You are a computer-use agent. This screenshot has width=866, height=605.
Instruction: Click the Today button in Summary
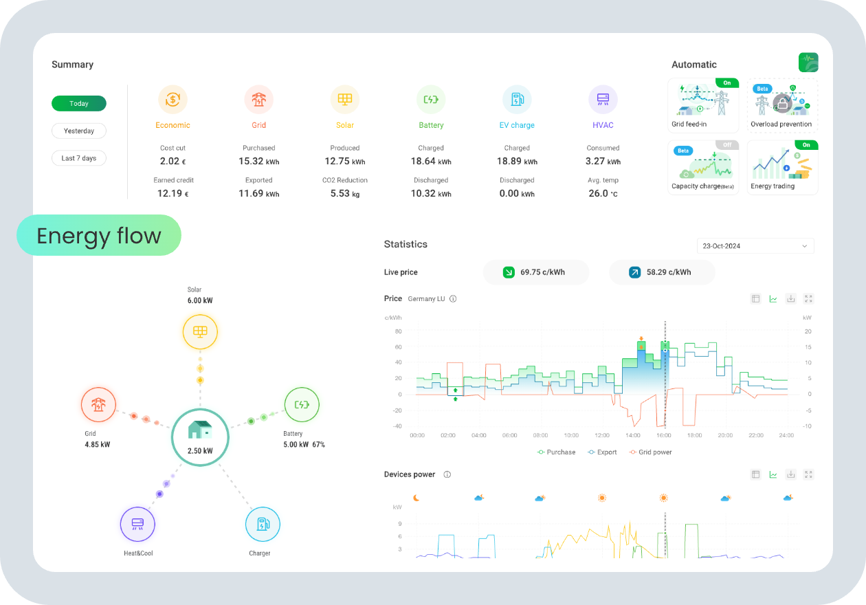(x=79, y=103)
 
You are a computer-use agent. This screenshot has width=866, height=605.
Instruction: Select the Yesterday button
(x=79, y=131)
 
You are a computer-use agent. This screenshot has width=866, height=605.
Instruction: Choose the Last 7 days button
(x=79, y=158)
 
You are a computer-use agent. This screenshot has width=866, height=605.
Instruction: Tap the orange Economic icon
(x=173, y=100)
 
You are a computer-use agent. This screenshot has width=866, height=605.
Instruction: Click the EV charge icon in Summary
(x=517, y=100)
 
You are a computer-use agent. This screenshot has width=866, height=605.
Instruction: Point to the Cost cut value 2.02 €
(x=173, y=162)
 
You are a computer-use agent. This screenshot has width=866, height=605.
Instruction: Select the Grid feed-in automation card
(x=703, y=104)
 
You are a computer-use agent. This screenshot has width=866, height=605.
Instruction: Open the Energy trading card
(x=782, y=167)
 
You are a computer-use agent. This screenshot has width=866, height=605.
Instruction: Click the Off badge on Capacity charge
(x=727, y=145)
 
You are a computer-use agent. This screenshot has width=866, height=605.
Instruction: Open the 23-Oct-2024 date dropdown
(x=755, y=246)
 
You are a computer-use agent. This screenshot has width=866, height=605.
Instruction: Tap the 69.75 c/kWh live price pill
(x=536, y=272)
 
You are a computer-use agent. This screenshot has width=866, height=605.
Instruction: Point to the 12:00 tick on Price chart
(x=602, y=435)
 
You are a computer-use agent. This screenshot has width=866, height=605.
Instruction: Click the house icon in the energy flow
(x=200, y=430)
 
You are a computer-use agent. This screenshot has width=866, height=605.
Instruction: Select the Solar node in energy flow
(x=200, y=332)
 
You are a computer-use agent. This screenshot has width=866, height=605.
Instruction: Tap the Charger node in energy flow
(x=263, y=525)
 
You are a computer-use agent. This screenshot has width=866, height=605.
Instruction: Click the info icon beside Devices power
(x=447, y=474)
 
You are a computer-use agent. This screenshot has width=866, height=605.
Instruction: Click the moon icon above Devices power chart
(x=416, y=498)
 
